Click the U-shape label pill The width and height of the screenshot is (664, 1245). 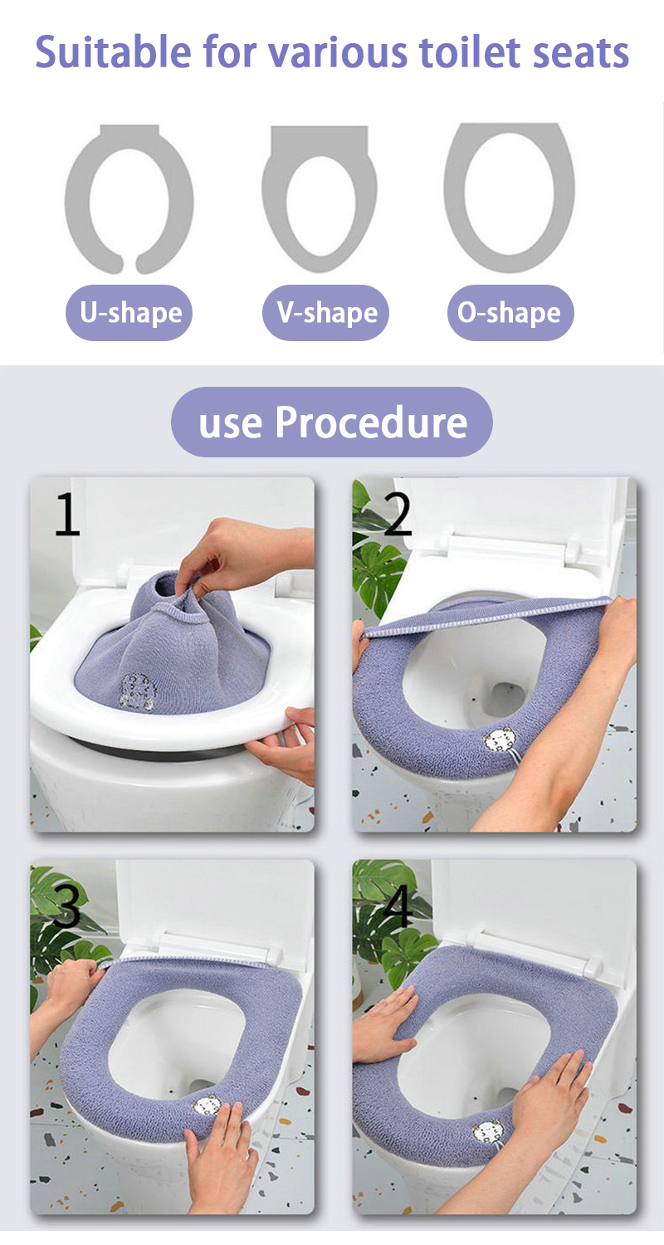129,312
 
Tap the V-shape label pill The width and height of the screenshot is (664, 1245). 325,312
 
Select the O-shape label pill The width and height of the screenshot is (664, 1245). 510,312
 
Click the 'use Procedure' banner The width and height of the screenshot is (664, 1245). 332,422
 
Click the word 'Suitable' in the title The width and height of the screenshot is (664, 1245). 114,52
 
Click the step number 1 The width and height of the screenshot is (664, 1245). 68,515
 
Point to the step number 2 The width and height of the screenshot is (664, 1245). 398,514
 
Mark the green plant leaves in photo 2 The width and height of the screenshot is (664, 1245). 378,556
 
